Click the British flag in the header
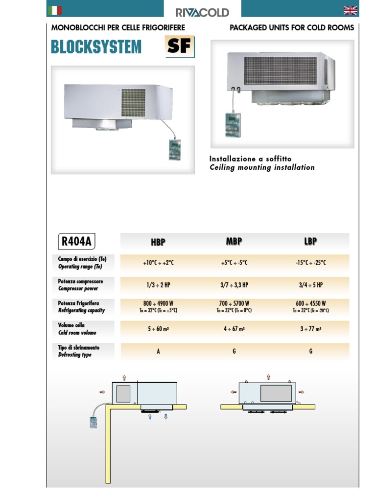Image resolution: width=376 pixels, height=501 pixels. pyautogui.click(x=351, y=10)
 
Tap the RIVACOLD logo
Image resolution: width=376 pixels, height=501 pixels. pyautogui.click(x=202, y=12)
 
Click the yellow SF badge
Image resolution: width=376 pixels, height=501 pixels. pyautogui.click(x=180, y=47)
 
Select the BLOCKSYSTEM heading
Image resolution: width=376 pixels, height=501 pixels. pyautogui.click(x=96, y=47)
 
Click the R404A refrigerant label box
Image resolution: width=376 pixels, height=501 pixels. pyautogui.click(x=77, y=241)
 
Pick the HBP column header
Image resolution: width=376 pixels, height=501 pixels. pyautogui.click(x=158, y=242)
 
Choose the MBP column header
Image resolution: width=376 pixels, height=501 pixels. pyautogui.click(x=234, y=241)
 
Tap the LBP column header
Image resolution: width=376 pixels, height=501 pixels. pyautogui.click(x=310, y=241)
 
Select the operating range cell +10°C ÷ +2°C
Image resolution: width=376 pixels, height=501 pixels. pyautogui.click(x=158, y=263)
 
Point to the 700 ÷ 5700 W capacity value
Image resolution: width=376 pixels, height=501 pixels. pyautogui.click(x=234, y=303)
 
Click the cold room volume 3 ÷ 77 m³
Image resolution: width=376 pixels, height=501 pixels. pyautogui.click(x=310, y=329)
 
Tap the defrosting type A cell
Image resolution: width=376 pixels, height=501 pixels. pyautogui.click(x=158, y=351)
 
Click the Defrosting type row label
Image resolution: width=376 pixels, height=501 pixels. pyautogui.click(x=75, y=354)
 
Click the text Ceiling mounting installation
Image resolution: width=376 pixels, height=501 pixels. pyautogui.click(x=262, y=167)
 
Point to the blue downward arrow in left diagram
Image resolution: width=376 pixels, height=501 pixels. pyautogui.click(x=166, y=416)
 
